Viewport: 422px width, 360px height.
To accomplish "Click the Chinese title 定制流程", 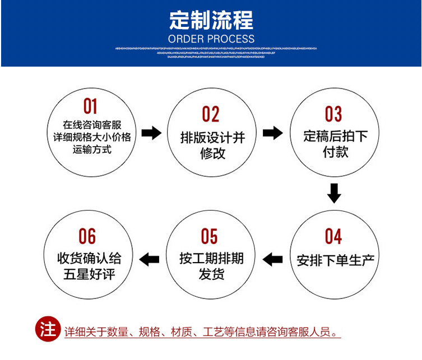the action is tap(211, 21).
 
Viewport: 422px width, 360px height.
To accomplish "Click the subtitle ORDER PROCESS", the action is tap(211, 39).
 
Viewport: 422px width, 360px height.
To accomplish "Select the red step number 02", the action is tap(211, 114).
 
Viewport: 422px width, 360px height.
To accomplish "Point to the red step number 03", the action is tap(333, 114).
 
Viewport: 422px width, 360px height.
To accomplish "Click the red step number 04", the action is tap(333, 236).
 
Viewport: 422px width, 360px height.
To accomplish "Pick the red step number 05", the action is tap(209, 236).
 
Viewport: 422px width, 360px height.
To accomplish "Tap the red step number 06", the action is tap(87, 236).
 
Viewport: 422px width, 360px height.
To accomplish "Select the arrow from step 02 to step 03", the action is tap(273, 133).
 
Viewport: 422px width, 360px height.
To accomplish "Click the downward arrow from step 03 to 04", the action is tap(334, 193).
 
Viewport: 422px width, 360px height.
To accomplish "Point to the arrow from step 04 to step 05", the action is tap(273, 259).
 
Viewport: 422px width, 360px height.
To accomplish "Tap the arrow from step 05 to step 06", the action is tap(149, 259).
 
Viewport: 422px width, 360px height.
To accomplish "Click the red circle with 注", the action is tap(48, 329).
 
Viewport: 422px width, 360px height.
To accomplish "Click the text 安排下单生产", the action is tap(335, 260).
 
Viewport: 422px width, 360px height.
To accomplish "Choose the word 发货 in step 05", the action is tap(211, 274).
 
